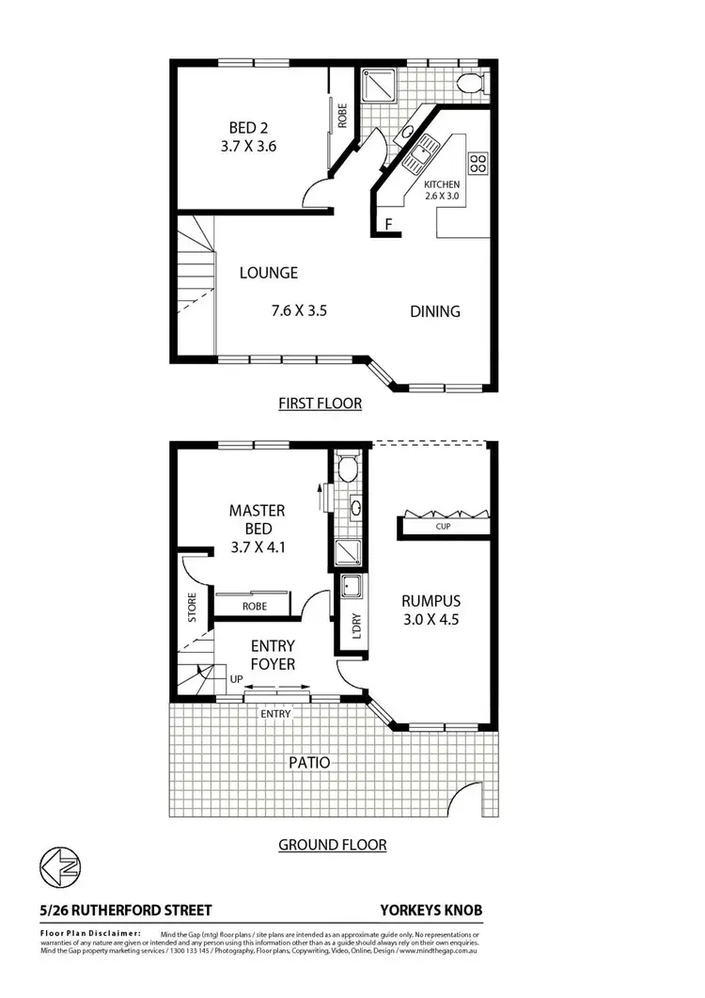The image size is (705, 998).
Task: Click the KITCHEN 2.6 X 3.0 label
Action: click(442, 190)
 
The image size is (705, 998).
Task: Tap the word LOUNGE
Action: click(268, 273)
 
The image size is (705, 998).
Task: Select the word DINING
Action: click(434, 311)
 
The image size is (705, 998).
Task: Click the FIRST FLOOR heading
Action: click(320, 403)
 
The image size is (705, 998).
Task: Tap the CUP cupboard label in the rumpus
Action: click(443, 527)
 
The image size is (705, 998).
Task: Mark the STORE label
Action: click(192, 608)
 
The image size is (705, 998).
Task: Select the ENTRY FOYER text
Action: click(273, 655)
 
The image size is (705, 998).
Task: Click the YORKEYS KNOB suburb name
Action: click(431, 910)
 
